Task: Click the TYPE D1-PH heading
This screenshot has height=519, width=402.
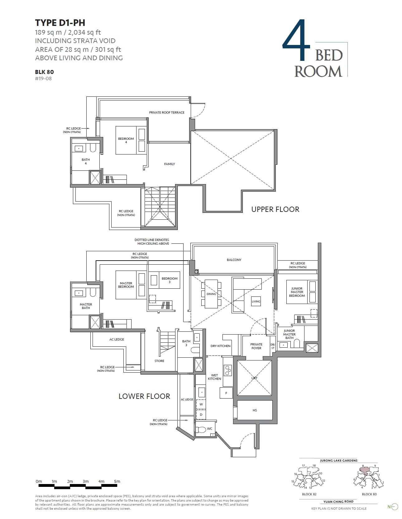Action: coord(60,22)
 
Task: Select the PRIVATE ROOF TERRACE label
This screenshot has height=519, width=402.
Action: coord(166,112)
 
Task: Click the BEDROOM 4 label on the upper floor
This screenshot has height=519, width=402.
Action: coord(126,140)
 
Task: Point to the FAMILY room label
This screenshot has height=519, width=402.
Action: coord(170,164)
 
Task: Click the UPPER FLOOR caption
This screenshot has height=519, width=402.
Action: coord(275,209)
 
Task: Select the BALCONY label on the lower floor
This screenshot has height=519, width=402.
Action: coord(234,260)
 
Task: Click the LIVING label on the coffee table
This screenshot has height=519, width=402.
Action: coord(256,301)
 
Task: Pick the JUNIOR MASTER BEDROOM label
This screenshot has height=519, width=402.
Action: coord(297,292)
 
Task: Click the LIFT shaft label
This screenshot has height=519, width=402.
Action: coord(254,378)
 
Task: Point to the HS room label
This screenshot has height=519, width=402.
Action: coord(255,410)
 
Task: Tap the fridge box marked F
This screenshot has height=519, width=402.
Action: coord(226,393)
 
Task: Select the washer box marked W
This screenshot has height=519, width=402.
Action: coord(201,404)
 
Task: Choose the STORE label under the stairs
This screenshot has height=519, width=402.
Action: coord(159,361)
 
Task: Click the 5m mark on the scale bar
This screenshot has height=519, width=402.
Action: coord(117,481)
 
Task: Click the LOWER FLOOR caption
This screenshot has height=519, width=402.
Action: coord(144,396)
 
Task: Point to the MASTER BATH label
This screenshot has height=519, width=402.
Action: coord(86,306)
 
